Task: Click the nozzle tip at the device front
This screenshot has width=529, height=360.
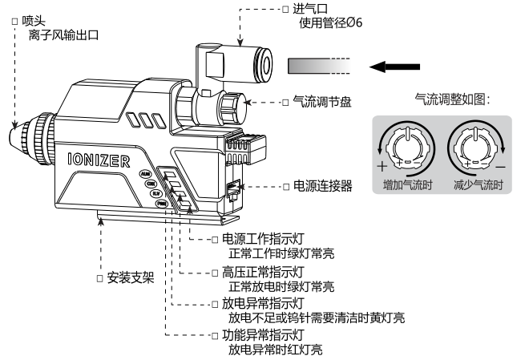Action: pos(18,136)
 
